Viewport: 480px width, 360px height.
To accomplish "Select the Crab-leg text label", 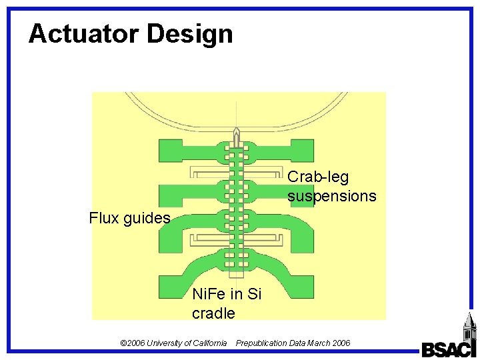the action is point(318,177).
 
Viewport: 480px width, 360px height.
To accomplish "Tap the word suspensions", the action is point(331,196).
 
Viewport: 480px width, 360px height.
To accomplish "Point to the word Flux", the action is point(104,218).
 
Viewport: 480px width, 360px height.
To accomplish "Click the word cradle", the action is point(213,313).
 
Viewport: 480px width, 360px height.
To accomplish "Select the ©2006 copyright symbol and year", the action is point(131,343).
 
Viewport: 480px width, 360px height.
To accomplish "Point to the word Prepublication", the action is point(261,343).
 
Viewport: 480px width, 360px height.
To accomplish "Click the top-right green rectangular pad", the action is point(303,150).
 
